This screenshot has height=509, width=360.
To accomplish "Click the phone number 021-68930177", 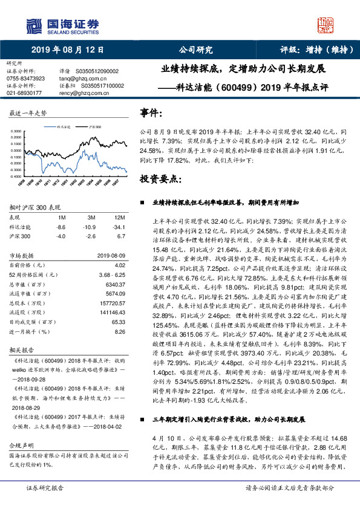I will pyautogui.click(x=24, y=93).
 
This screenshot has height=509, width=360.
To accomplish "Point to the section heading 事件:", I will pyautogui.click(x=151, y=113).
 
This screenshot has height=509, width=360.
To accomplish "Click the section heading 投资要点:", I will pyautogui.click(x=160, y=180).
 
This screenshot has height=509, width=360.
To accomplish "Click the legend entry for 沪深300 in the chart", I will pyautogui.click(x=94, y=128).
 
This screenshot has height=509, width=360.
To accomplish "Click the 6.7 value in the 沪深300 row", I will pyautogui.click(x=121, y=235).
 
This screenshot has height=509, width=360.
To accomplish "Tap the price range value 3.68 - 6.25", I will pyautogui.click(x=111, y=274).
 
